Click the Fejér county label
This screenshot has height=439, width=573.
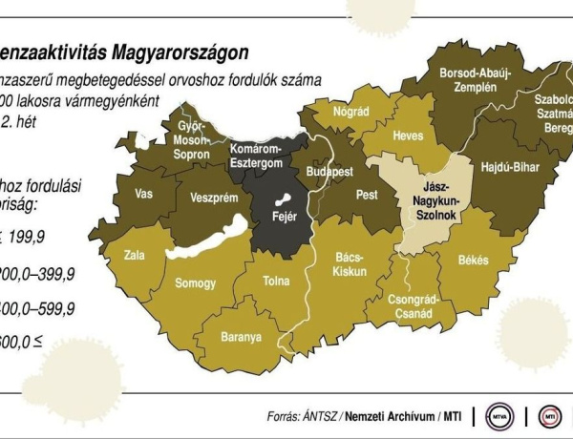pos(286,217)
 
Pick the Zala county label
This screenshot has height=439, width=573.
pos(134,257)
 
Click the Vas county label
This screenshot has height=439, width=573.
pos(144,193)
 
